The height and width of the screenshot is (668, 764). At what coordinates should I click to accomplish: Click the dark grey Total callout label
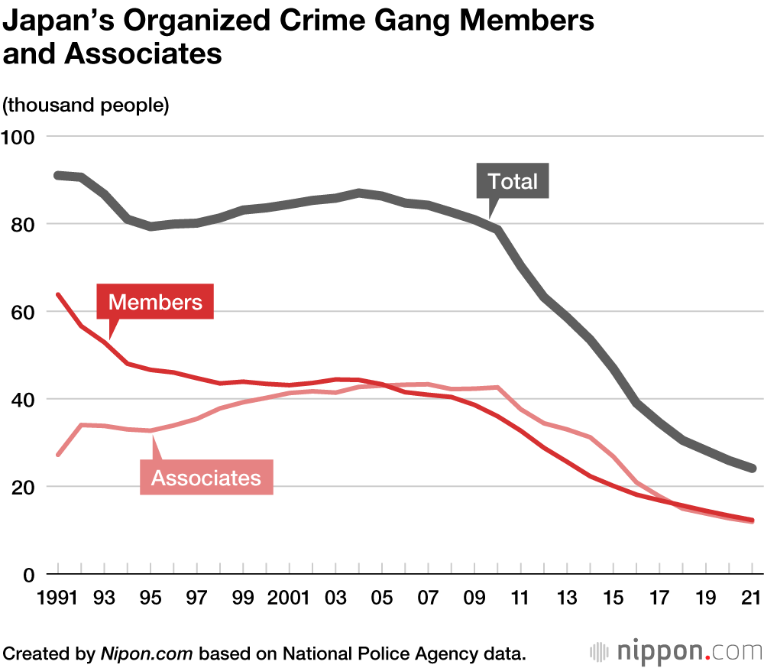513,181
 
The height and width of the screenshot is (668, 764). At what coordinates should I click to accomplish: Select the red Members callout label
155,302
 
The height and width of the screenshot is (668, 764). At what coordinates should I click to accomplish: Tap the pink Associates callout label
206,478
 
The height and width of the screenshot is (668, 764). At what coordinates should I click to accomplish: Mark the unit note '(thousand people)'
86,105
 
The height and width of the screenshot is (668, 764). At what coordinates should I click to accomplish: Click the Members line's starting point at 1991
58,295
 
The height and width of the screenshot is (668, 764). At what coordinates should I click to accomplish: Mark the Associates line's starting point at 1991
58,455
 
